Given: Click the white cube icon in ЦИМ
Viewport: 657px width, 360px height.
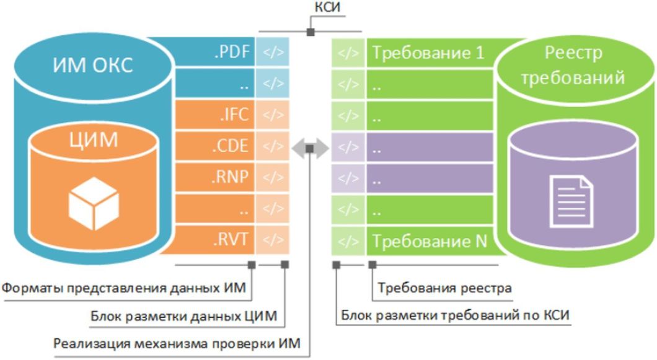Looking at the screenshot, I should pyautogui.click(x=93, y=203).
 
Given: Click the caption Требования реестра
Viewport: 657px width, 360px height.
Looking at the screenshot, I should pyautogui.click(x=444, y=288).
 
